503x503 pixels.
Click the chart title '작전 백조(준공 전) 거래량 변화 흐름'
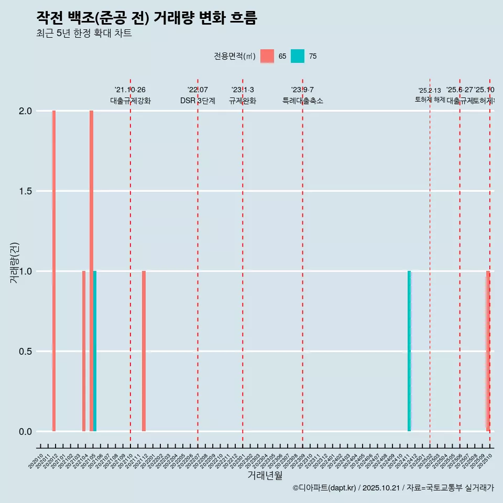point(147,18)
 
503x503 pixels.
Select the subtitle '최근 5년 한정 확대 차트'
point(84,34)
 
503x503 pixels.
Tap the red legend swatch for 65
point(267,56)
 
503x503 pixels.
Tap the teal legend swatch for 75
point(298,56)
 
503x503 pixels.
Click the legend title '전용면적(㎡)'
point(234,56)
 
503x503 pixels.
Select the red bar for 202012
point(54,271)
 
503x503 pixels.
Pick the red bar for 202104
point(84,351)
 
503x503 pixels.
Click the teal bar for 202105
point(95,351)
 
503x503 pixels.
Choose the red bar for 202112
point(144,351)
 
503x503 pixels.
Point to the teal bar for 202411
point(409,351)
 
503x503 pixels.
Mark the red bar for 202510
point(488,351)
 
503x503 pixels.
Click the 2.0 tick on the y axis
point(26,111)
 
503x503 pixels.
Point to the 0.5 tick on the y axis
point(26,351)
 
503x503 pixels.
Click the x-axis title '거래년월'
point(265,475)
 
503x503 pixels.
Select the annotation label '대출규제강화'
point(130,101)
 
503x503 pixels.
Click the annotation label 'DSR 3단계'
point(198,101)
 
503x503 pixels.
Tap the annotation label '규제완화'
point(243,101)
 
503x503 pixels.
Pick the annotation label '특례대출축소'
point(302,101)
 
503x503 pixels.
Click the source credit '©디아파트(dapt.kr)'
point(325,488)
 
